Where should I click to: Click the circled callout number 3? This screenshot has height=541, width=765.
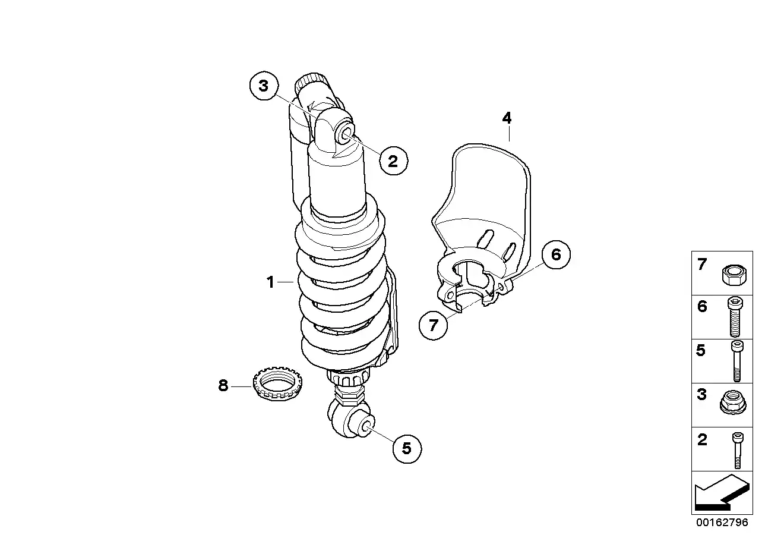264,86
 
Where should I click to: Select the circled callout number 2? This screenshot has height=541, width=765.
393,161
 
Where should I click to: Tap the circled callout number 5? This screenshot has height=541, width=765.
407,449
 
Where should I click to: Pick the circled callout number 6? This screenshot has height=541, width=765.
556,254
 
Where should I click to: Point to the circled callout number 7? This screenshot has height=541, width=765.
434,325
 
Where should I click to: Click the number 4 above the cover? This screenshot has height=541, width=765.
507,118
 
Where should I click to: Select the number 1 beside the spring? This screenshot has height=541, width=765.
270,282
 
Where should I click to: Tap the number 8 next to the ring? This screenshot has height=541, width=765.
223,386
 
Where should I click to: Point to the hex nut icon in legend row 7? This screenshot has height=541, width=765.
734,275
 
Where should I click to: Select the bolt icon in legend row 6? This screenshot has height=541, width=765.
735,317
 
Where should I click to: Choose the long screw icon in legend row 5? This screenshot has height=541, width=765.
737,361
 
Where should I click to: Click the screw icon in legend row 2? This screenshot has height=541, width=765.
738,451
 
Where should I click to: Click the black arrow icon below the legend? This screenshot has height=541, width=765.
722,493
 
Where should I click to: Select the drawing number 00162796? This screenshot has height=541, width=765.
722,523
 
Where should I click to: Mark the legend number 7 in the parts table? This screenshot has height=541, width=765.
702,264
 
